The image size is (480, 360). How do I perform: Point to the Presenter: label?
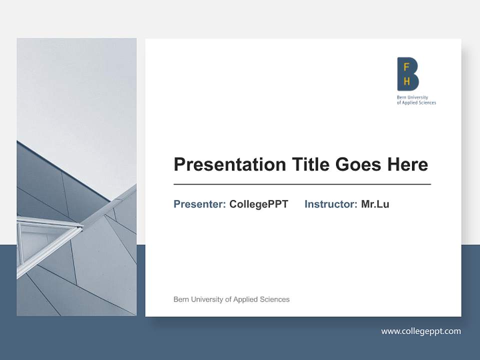[199, 204]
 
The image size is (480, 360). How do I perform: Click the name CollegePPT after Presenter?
[258, 204]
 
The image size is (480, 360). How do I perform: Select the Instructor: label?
[330, 204]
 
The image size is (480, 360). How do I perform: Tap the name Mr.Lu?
[375, 204]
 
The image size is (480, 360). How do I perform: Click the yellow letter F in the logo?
[406, 66]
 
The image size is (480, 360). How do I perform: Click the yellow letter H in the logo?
[406, 81]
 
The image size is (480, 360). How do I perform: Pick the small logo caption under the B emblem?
[416, 100]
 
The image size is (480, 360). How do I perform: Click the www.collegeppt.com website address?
[421, 331]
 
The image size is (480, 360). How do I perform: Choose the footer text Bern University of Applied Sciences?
[231, 299]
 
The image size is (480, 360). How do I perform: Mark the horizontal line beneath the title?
[302, 184]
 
